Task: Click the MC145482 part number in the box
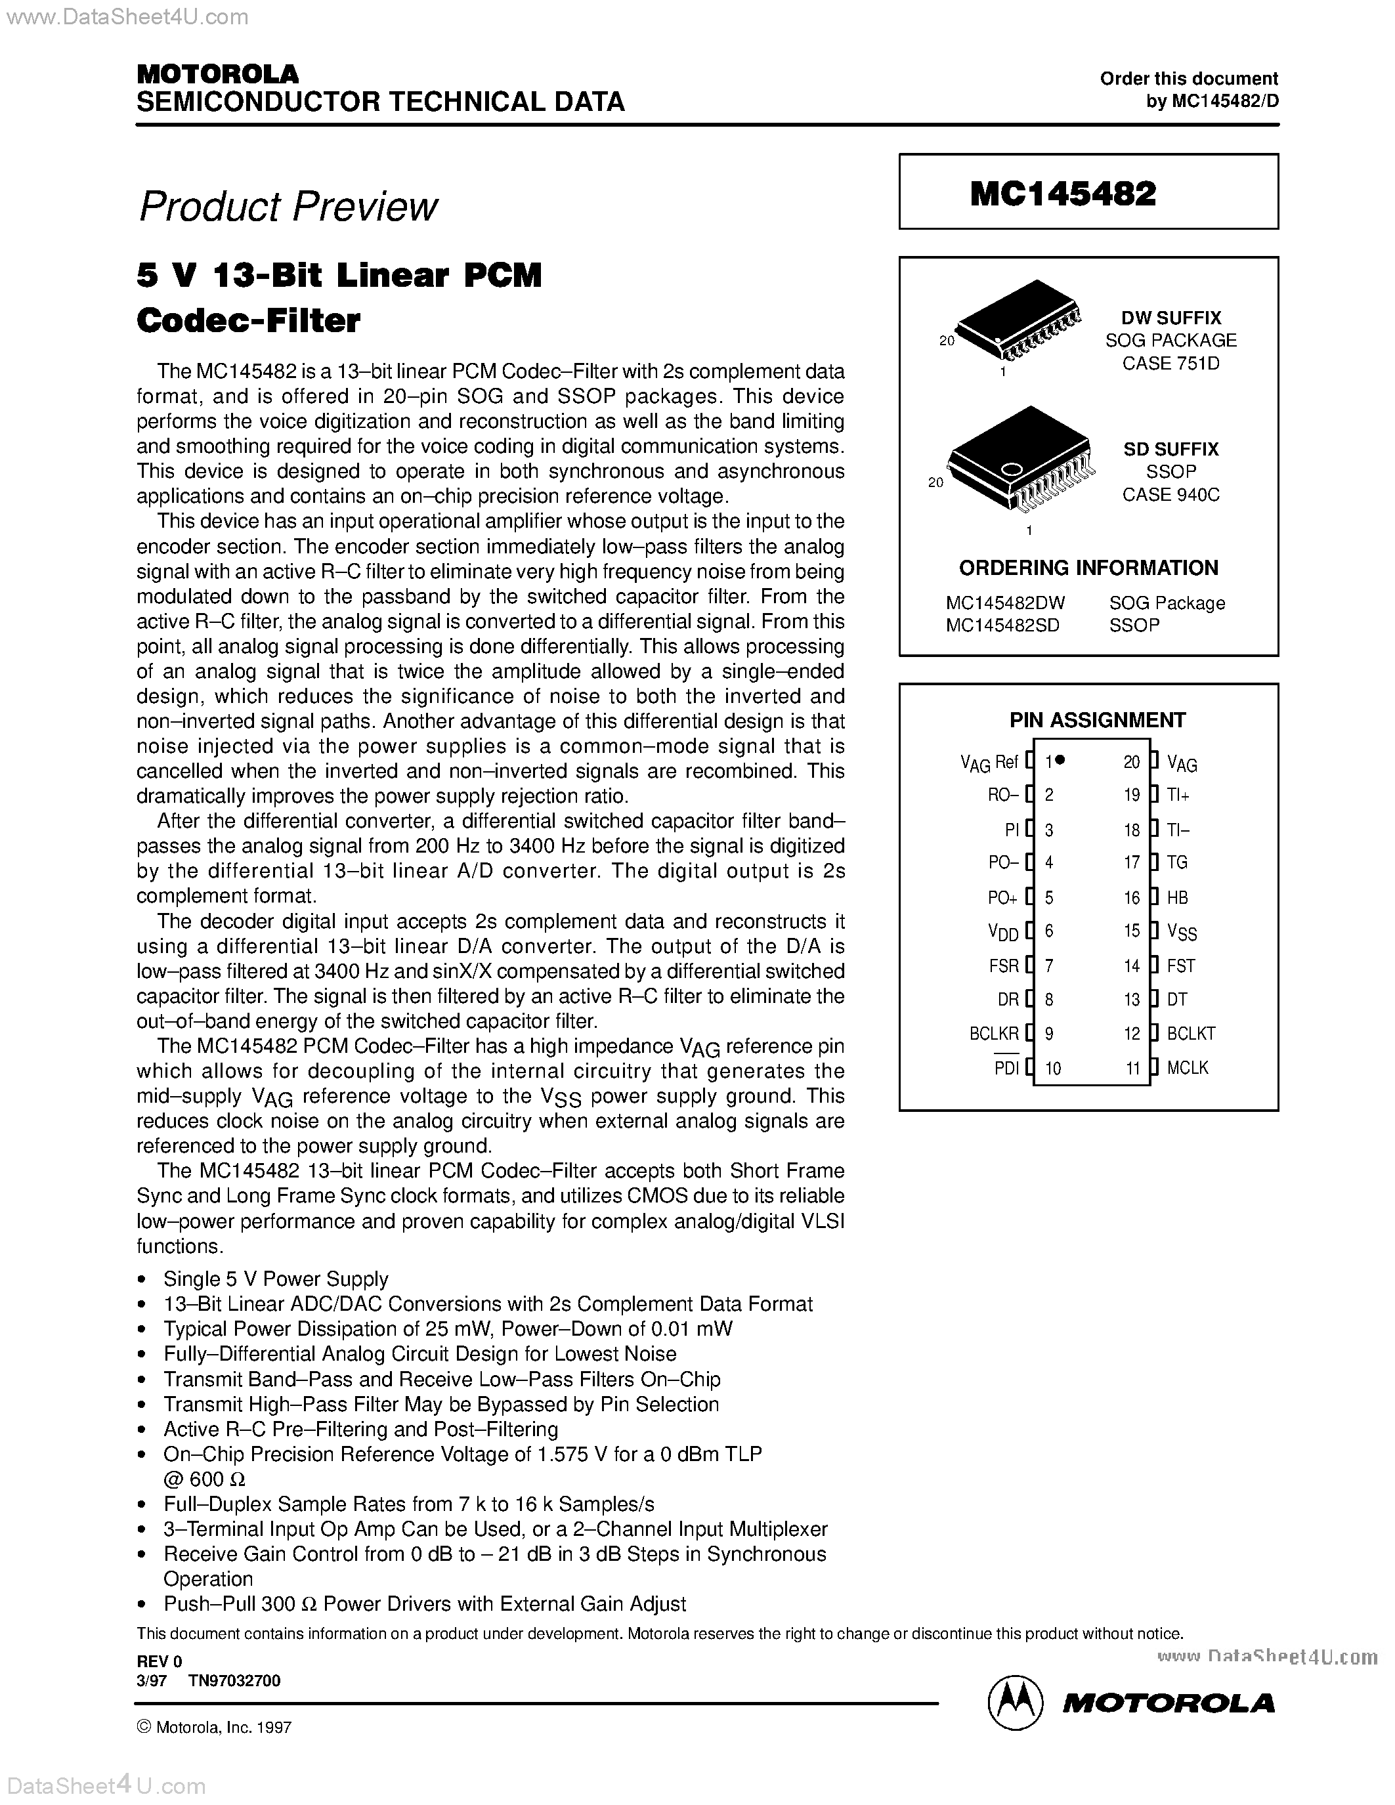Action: pyautogui.click(x=1063, y=194)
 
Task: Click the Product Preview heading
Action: pyautogui.click(x=288, y=207)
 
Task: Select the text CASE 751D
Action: pyautogui.click(x=1170, y=364)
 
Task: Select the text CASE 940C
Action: pyautogui.click(x=1170, y=495)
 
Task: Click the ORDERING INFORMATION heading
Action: pyautogui.click(x=1088, y=568)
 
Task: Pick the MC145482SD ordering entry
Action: pyautogui.click(x=1002, y=626)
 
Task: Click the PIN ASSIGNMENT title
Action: pyautogui.click(x=1097, y=720)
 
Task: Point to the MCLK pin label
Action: pyautogui.click(x=1188, y=1068)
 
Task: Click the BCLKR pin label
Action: pyautogui.click(x=994, y=1033)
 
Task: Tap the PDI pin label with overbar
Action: pyautogui.click(x=1006, y=1068)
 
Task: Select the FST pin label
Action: pyautogui.click(x=1181, y=966)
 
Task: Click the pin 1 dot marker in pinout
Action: pyautogui.click(x=1060, y=760)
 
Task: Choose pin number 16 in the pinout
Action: pyautogui.click(x=1131, y=897)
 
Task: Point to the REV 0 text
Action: pyautogui.click(x=159, y=1661)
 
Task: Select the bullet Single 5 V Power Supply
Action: pyautogui.click(x=275, y=1279)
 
